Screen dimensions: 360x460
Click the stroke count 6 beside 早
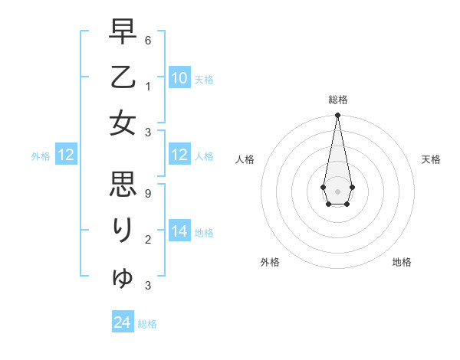[x=148, y=40]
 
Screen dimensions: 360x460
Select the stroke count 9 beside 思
[x=148, y=194]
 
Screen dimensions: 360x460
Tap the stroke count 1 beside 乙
[x=148, y=86]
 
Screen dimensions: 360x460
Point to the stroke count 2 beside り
[x=148, y=240]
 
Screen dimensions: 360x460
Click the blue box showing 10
[x=179, y=78]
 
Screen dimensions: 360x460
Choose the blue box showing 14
[x=179, y=231]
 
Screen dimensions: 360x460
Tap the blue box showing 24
[x=123, y=322]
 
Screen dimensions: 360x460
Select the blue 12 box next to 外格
[x=66, y=155]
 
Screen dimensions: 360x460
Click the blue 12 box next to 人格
[x=179, y=155]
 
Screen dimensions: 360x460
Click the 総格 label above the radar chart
[x=338, y=100]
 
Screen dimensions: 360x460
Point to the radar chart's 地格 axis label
[x=402, y=262]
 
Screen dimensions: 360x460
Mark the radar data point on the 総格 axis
[x=337, y=116]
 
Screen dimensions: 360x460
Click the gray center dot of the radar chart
[x=337, y=191]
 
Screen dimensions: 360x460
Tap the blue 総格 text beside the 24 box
[x=147, y=324]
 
